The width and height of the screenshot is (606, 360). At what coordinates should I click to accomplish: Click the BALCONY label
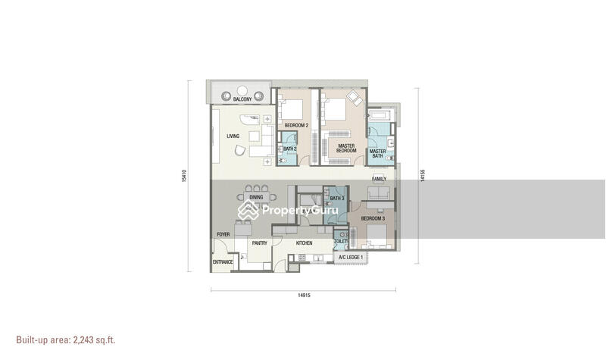click(242, 100)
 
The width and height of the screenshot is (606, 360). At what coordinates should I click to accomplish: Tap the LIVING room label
click(233, 136)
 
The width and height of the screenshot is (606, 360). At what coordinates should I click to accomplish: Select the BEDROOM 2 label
click(296, 125)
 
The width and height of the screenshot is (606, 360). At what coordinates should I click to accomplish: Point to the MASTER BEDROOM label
click(346, 148)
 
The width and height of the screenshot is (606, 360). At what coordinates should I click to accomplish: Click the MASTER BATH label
click(377, 154)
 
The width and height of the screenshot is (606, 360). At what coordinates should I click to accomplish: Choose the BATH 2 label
click(289, 149)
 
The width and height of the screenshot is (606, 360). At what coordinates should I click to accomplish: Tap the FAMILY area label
click(379, 179)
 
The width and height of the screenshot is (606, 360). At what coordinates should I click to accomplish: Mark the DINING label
click(255, 197)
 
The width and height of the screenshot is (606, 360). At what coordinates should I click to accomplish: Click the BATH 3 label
click(337, 199)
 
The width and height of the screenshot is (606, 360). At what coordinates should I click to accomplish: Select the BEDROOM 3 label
click(373, 218)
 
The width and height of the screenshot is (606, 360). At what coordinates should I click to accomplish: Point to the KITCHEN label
click(304, 243)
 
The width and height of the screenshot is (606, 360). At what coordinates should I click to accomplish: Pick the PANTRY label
click(259, 243)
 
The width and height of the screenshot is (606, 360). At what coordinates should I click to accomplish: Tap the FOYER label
click(223, 235)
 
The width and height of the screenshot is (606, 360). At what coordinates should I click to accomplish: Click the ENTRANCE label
click(223, 262)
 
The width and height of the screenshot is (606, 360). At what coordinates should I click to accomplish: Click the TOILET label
click(341, 241)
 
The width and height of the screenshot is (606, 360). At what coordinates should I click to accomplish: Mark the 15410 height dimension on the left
click(184, 176)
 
